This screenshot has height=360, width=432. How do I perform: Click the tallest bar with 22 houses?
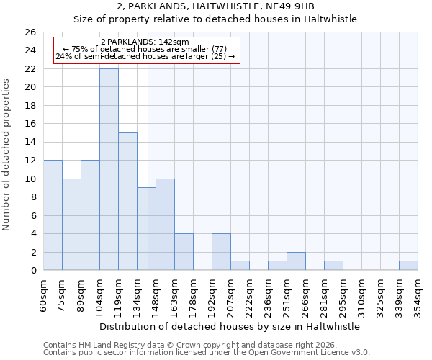point(109,169)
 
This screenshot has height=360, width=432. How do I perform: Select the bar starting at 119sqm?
point(127,202)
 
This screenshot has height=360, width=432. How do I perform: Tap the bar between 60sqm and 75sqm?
point(53,215)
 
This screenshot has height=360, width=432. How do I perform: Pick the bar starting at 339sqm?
point(408,266)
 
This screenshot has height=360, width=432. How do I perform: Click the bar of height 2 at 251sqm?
point(296,261)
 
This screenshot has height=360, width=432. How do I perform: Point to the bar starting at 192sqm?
point(221,252)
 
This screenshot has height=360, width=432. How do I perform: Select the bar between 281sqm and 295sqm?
point(333,266)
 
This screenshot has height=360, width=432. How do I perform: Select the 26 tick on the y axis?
point(30,32)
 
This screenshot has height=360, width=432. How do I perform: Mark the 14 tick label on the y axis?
point(30,143)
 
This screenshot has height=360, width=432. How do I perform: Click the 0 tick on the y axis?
point(32,271)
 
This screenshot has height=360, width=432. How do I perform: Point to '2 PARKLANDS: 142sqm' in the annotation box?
point(145,42)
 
